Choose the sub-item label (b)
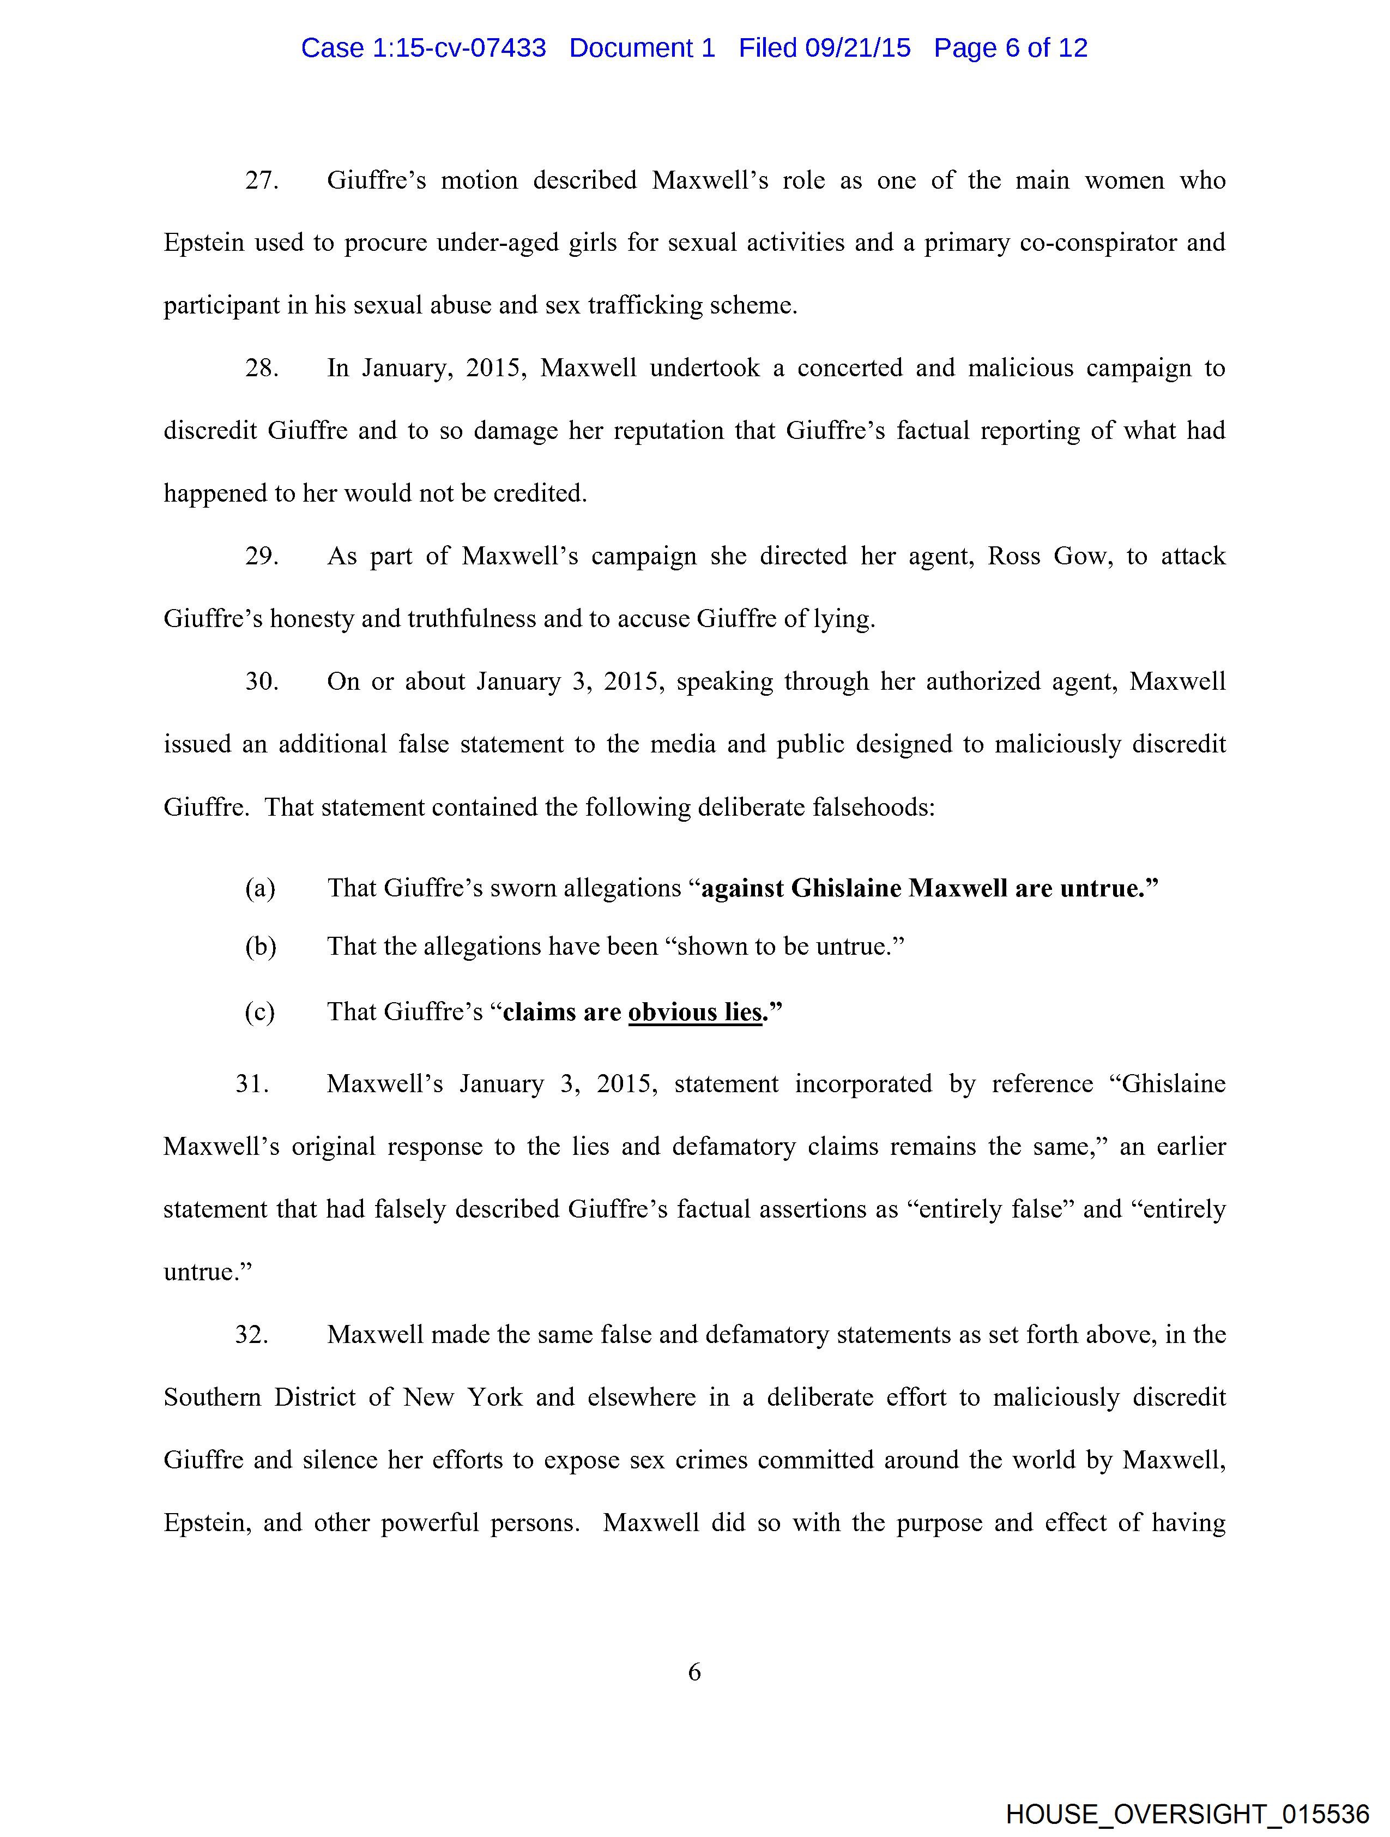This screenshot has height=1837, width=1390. [260, 947]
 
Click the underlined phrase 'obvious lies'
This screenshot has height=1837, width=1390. [695, 1013]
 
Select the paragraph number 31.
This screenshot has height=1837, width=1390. [252, 1084]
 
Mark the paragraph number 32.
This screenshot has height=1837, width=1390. [252, 1335]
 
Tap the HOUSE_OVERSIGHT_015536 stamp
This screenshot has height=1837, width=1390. [1187, 1814]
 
